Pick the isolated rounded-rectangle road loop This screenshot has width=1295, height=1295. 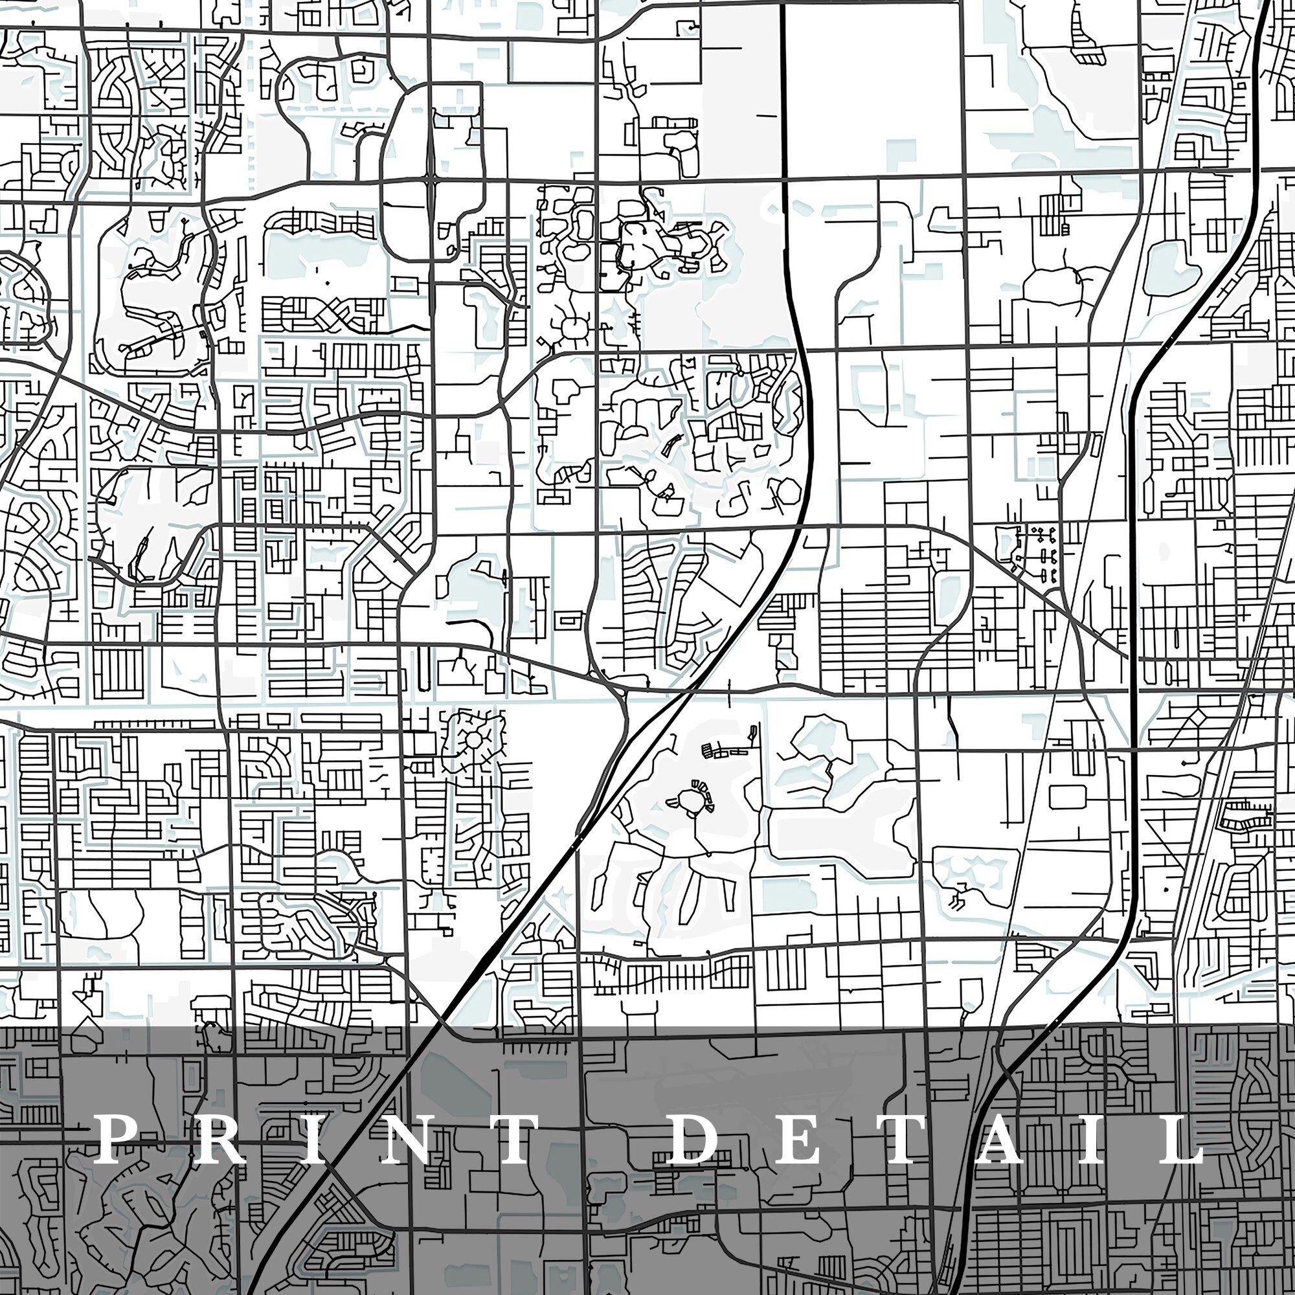(x=1068, y=796)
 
